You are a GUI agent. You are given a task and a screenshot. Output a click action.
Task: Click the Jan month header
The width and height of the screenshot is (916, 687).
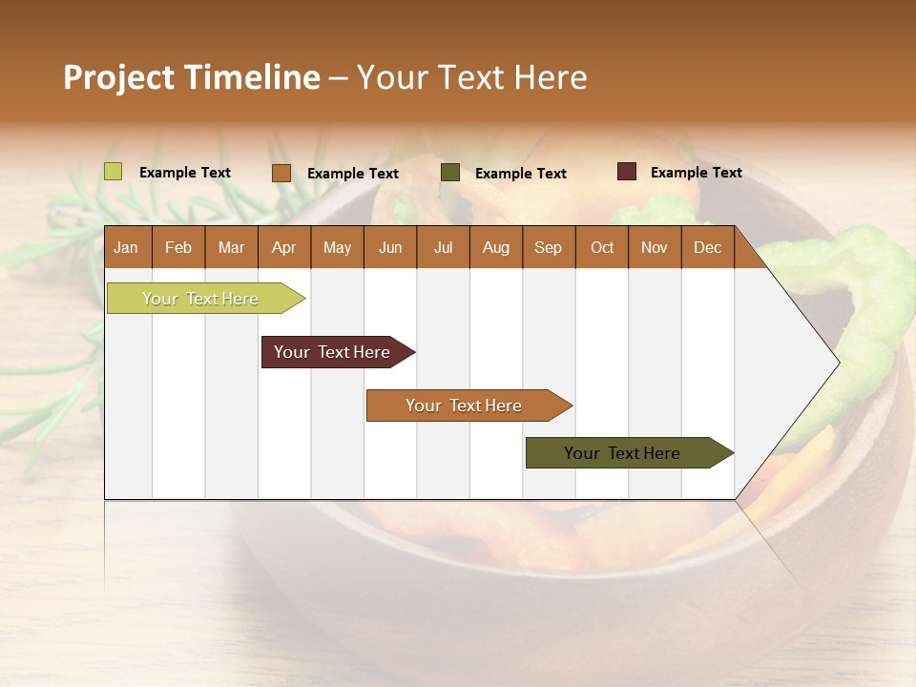coord(127,247)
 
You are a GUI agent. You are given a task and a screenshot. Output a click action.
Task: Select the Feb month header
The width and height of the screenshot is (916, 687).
coord(178,247)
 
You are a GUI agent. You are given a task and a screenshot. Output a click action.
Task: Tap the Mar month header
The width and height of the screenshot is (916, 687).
coord(231,247)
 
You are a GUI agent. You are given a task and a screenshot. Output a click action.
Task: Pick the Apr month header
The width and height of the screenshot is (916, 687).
coord(284,247)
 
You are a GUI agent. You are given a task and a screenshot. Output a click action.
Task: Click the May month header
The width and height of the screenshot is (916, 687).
coord(337,247)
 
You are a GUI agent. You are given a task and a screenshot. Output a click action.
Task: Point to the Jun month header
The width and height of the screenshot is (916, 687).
coord(390,247)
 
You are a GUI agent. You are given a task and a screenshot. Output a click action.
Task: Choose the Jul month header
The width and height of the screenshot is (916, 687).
coord(443,247)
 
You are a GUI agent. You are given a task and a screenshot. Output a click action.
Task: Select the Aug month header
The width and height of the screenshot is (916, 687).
coord(496,247)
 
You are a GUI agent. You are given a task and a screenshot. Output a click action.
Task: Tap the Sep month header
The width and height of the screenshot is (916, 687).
coord(549,247)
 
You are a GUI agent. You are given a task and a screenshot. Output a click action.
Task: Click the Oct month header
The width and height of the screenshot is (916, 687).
coord(602,247)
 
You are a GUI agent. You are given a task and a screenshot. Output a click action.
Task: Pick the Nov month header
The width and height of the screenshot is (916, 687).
coord(655,247)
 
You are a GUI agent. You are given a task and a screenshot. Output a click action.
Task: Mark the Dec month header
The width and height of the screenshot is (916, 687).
coord(707,247)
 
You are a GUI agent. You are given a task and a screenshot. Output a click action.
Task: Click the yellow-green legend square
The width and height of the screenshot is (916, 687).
coord(114,172)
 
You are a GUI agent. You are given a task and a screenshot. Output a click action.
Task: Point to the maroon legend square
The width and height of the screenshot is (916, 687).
coord(627,172)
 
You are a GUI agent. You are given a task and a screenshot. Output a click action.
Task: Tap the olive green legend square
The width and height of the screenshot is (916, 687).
coord(450,173)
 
